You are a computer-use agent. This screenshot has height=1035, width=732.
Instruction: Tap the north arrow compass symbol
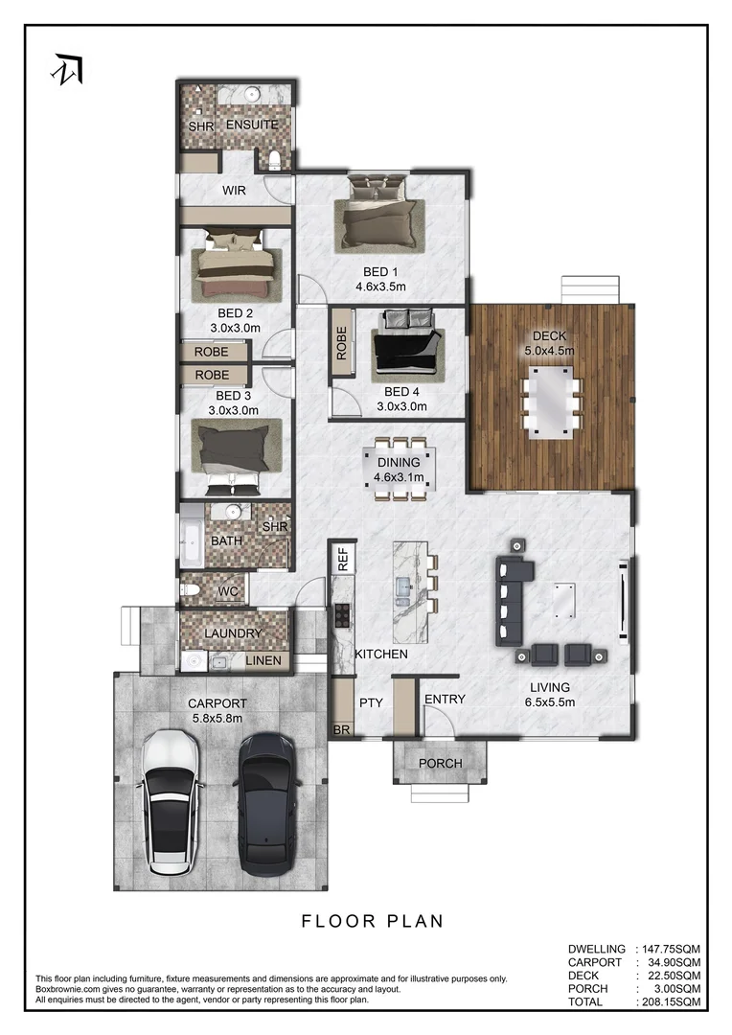pyautogui.click(x=68, y=69)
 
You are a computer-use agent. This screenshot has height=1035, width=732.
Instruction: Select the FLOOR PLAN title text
pyautogui.click(x=373, y=921)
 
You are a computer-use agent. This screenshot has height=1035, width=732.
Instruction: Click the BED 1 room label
pyautogui.click(x=379, y=272)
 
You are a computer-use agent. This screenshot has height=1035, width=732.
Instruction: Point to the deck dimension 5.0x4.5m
pyautogui.click(x=550, y=351)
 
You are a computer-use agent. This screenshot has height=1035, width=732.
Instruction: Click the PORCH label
pyautogui.click(x=441, y=764)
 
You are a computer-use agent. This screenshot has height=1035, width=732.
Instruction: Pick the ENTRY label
pyautogui.click(x=445, y=700)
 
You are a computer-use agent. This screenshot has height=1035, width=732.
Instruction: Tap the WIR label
pyautogui.click(x=234, y=191)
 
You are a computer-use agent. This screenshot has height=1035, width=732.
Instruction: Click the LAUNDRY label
pyautogui.click(x=233, y=633)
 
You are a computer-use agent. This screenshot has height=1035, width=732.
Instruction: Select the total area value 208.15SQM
pyautogui.click(x=670, y=1001)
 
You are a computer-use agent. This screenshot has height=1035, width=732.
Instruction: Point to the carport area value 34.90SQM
pyautogui.click(x=670, y=961)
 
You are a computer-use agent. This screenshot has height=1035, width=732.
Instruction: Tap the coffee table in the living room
pyautogui.click(x=562, y=600)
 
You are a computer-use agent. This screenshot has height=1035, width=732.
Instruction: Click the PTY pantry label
pyautogui.click(x=371, y=702)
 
